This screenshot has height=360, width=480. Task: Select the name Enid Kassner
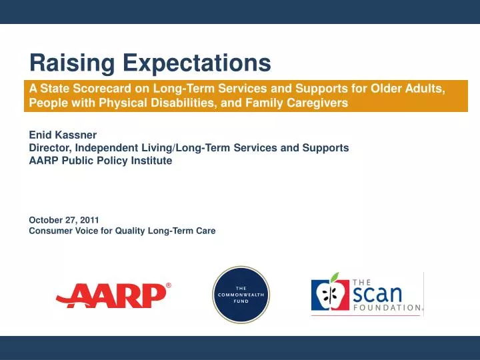(63, 135)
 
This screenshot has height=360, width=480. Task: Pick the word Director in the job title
(49, 148)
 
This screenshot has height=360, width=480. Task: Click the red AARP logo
(111, 295)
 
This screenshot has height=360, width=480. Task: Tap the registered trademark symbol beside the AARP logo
(168, 285)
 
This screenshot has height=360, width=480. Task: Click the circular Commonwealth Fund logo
(241, 295)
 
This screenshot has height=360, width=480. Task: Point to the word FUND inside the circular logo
(241, 301)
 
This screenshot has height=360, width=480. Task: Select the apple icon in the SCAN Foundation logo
(329, 295)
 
